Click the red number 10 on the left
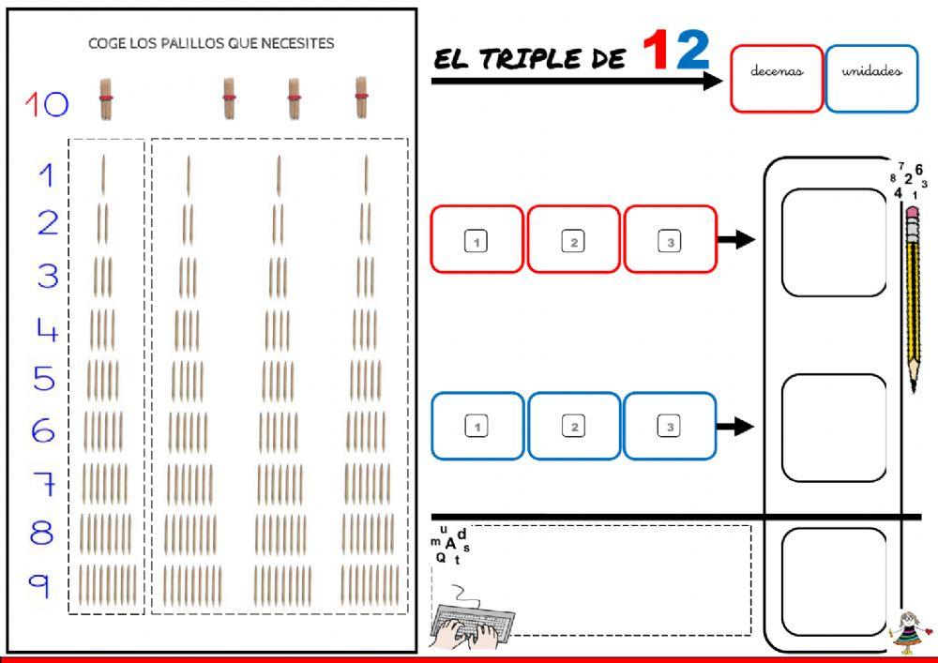[47, 103]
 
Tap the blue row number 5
[44, 380]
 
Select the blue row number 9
[39, 585]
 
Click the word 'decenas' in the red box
[777, 71]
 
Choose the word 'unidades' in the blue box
[871, 71]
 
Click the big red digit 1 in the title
[658, 53]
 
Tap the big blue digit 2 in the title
[693, 53]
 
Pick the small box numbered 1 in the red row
[477, 242]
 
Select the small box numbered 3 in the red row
[670, 242]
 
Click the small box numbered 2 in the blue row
[573, 428]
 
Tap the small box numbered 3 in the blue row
[670, 428]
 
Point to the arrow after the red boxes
[736, 240]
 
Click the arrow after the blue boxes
[736, 427]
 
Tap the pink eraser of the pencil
[912, 217]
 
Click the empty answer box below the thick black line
[833, 581]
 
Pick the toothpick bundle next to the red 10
[106, 99]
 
